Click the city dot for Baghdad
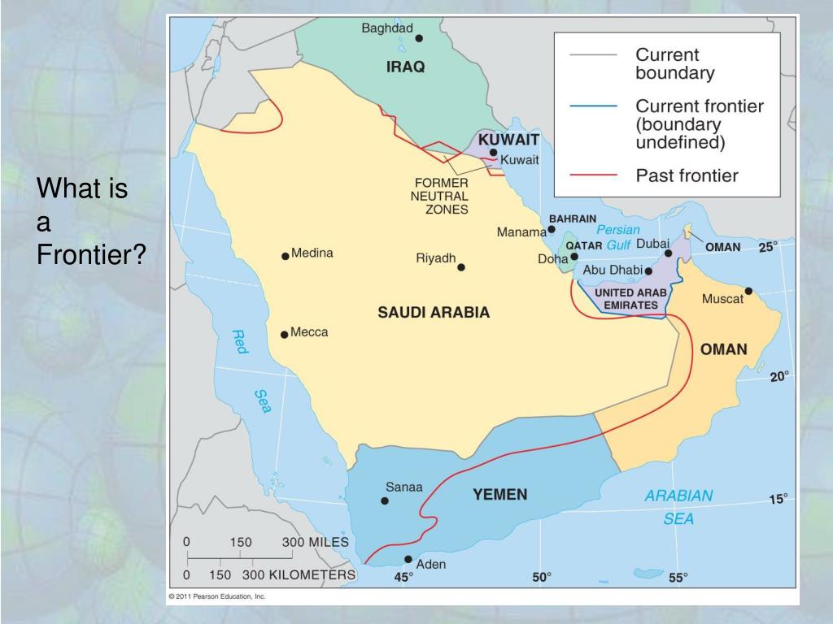(419, 37)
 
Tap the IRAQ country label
(405, 67)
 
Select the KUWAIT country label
(509, 139)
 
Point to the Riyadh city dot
(461, 266)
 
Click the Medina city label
(312, 253)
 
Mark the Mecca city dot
(284, 334)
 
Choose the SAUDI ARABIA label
(434, 312)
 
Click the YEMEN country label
(500, 494)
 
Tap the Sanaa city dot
(385, 500)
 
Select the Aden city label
(430, 564)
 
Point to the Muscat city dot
(748, 291)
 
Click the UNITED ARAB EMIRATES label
(630, 298)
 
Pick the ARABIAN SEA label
(679, 506)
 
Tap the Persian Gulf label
(614, 237)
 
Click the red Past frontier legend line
(594, 175)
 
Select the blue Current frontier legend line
(594, 106)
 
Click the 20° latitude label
(779, 376)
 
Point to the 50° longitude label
(542, 577)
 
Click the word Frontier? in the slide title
(91, 256)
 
